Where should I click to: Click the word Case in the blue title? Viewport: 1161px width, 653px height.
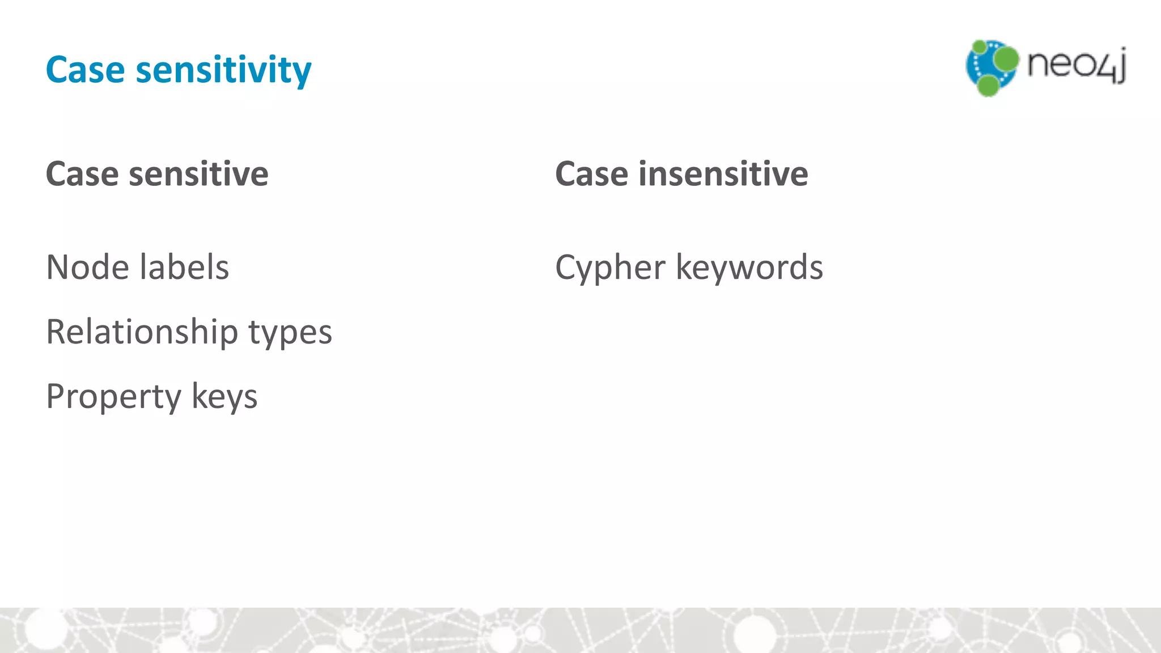tap(85, 70)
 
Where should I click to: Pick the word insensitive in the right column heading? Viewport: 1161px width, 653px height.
tap(723, 173)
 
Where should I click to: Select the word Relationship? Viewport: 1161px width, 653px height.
tap(142, 332)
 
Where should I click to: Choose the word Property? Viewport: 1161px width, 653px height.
tap(113, 397)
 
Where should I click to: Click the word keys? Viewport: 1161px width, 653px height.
tap(224, 397)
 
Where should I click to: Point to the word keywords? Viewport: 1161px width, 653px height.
tap(749, 267)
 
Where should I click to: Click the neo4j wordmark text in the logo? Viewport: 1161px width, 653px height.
tap(1076, 65)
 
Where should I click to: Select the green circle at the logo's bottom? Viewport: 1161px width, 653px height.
tap(988, 86)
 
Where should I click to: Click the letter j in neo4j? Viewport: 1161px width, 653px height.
tap(1121, 66)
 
